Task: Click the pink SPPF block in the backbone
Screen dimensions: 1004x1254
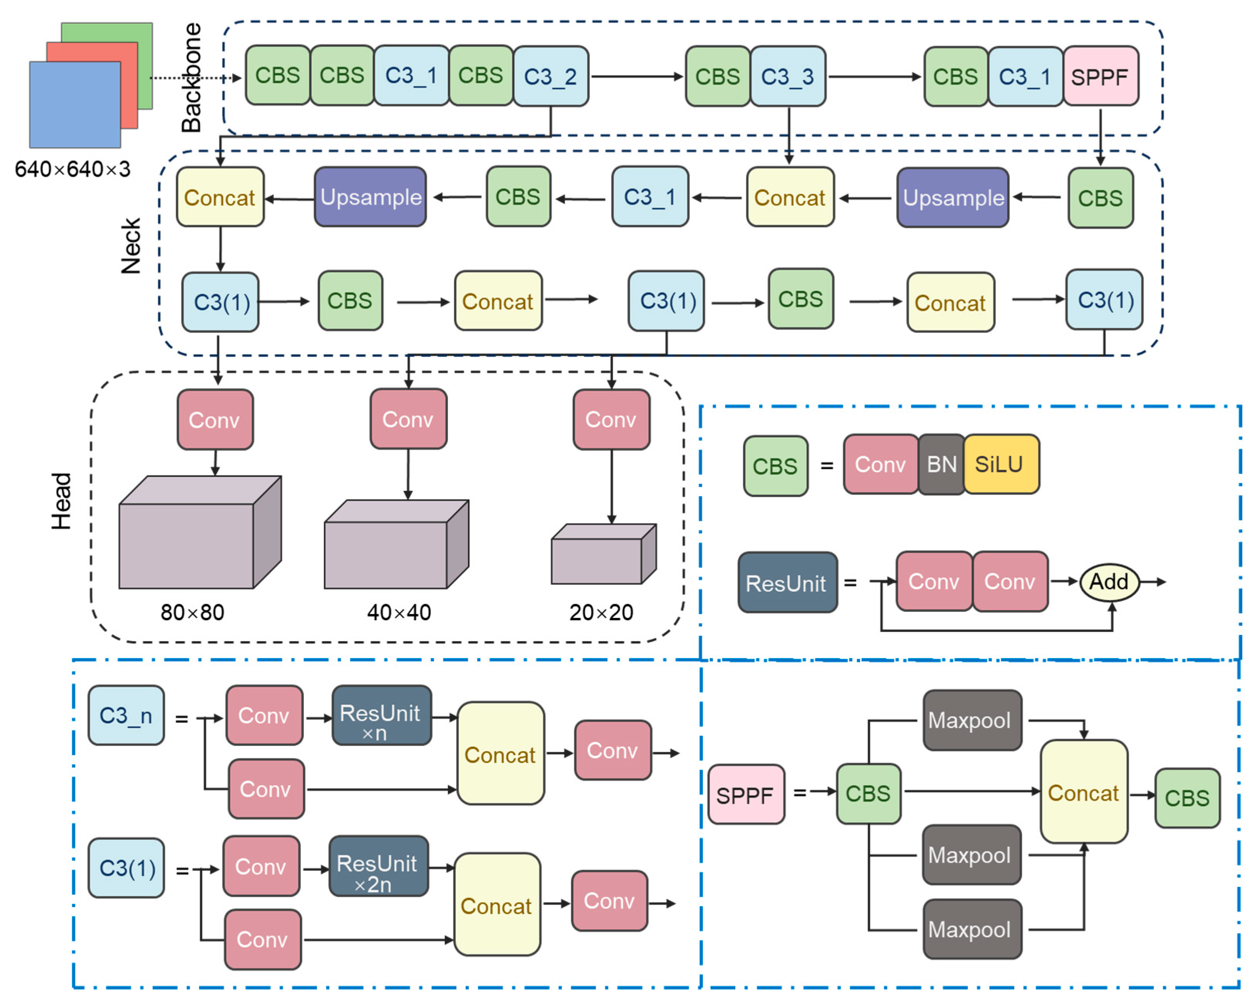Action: pos(1100,76)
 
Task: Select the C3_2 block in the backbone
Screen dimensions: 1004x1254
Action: pos(550,76)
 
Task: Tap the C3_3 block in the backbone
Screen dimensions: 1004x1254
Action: pos(788,76)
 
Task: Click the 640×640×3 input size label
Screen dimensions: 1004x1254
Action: pos(73,169)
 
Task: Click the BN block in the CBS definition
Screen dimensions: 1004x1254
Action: pos(941,464)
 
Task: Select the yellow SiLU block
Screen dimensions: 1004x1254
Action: pos(1001,464)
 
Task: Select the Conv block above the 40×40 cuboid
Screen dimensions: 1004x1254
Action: pos(408,419)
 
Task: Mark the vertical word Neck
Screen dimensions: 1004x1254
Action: pos(131,246)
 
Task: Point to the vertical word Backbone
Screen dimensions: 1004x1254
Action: pos(191,77)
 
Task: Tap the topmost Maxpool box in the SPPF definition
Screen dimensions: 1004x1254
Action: pos(971,720)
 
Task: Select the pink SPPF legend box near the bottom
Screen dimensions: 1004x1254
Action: pos(746,794)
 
